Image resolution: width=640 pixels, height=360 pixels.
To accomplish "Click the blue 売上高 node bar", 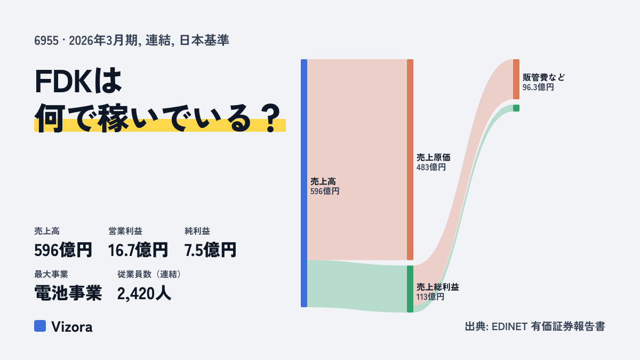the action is [304, 183].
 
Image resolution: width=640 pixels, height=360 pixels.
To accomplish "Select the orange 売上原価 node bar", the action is [410, 159].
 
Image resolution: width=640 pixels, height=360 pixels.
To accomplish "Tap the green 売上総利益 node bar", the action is [410, 289].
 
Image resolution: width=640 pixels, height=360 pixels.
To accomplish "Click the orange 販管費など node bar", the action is [516, 79].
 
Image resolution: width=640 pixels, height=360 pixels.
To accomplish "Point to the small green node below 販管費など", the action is [516, 108].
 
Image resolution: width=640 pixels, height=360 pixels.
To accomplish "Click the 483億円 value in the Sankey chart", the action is [431, 167].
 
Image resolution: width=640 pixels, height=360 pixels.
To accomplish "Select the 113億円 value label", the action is [430, 297].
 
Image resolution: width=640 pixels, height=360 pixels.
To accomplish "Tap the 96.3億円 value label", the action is [538, 87].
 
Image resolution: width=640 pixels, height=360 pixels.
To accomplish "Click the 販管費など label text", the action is [543, 77].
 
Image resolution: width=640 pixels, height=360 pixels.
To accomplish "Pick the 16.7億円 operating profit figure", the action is [138, 250].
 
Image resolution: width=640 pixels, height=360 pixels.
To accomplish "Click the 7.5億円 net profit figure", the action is [210, 250].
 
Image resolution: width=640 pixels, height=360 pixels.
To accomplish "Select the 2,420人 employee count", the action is [144, 293].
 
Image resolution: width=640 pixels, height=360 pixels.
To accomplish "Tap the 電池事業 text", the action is [68, 293].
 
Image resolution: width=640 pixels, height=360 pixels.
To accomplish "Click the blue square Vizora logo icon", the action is [40, 326].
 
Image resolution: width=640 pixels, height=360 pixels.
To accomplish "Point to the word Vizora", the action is [72, 327].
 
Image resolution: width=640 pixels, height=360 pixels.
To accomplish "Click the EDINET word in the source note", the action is [509, 326].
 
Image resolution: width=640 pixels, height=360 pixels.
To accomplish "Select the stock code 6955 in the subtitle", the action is [46, 41].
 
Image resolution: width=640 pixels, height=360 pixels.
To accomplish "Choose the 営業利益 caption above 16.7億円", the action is [125, 231].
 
